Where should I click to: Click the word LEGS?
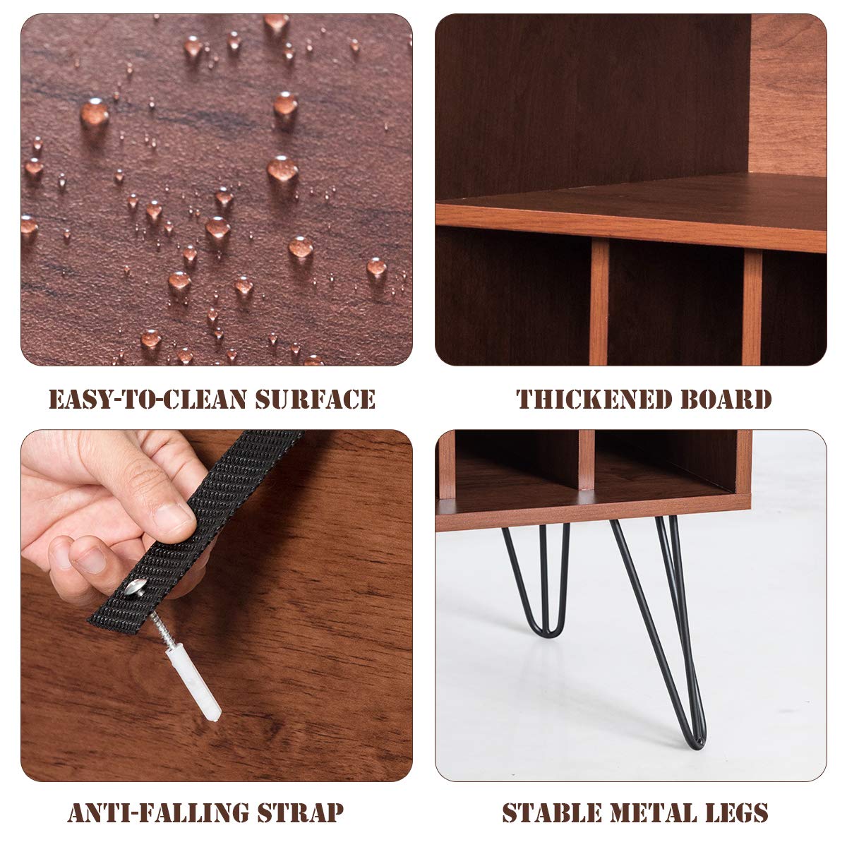coord(733,812)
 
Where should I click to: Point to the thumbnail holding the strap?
coord(172,519)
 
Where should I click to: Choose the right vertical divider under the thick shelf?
coord(752,307)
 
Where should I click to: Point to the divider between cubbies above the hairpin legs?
coord(587,459)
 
